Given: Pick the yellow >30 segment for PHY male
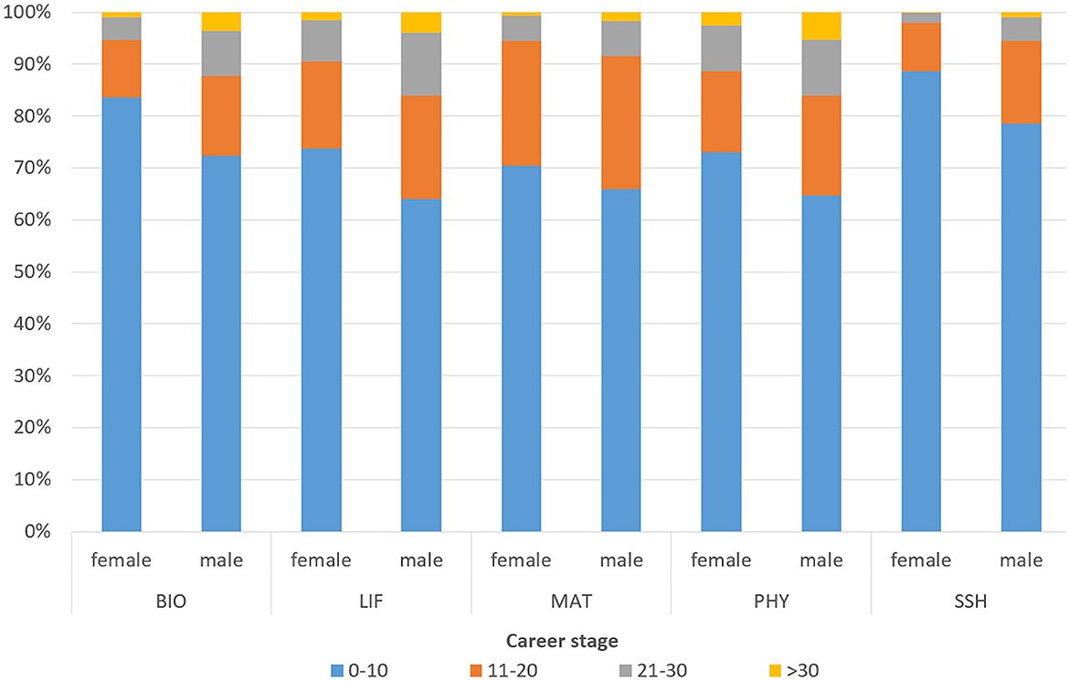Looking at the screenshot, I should tap(821, 27).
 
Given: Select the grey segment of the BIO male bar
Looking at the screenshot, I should tap(221, 54).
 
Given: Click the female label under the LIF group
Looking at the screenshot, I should tap(321, 559).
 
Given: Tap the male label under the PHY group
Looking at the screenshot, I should tap(821, 559).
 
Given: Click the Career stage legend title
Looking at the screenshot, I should tap(533, 639).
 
